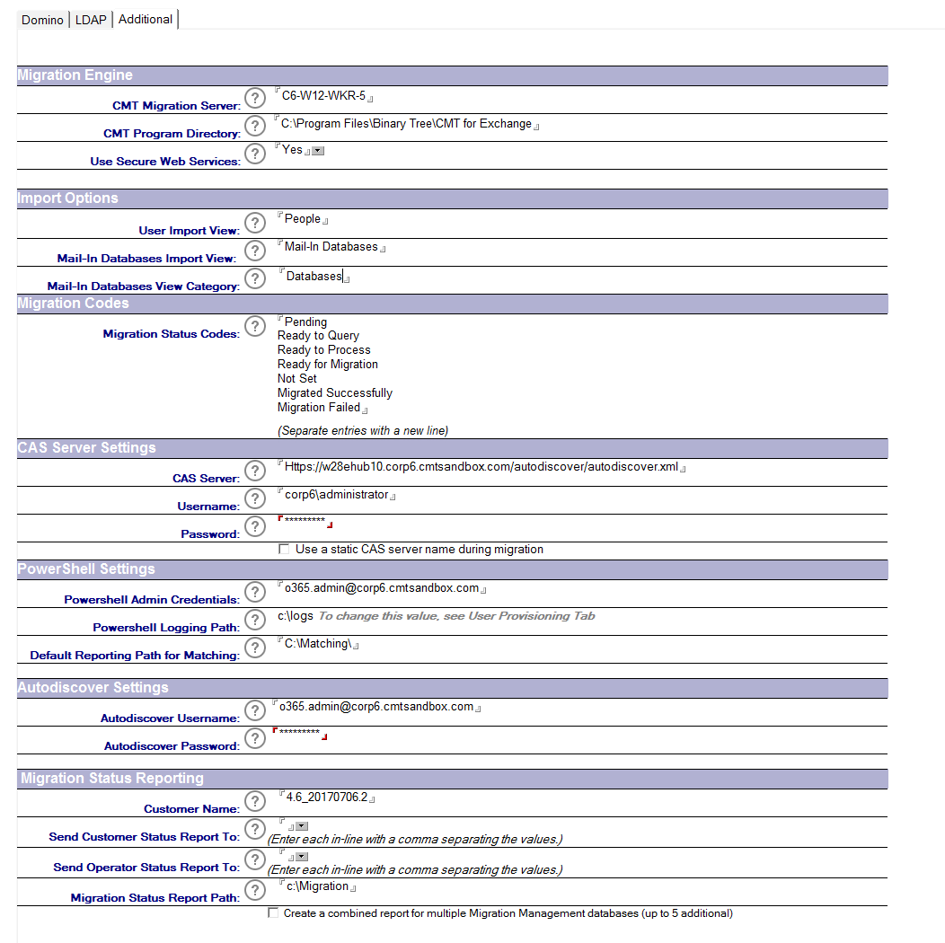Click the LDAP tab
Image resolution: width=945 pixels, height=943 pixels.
coord(91,20)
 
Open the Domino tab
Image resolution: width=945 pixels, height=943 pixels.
coord(42,20)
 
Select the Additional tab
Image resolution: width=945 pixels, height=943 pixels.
coord(145,19)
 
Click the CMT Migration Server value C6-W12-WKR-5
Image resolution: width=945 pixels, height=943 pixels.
coord(323,96)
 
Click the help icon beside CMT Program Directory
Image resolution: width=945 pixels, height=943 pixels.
coord(255,126)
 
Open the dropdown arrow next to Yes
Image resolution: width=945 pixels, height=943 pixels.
coord(317,151)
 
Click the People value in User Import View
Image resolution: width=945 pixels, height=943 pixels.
coord(303,219)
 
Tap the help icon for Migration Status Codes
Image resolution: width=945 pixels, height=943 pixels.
coord(255,326)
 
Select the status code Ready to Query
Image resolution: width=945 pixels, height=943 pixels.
coord(318,336)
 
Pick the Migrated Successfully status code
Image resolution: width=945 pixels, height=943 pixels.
coord(334,393)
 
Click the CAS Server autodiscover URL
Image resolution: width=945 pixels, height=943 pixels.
coord(481,467)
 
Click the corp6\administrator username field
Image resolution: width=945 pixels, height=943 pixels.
coord(336,495)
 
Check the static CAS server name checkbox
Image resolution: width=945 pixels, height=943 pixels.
coord(285,550)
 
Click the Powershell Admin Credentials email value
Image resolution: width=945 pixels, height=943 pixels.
coord(382,588)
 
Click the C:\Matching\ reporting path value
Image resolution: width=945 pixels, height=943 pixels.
coord(318,644)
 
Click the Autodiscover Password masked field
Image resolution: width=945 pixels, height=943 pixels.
coord(299,734)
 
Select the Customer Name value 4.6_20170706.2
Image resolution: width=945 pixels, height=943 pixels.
coord(327,798)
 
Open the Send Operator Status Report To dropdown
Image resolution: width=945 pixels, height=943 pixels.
coord(302,857)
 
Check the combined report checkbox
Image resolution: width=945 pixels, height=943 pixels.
coord(273,913)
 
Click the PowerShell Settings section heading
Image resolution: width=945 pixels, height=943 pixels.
coord(86,569)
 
